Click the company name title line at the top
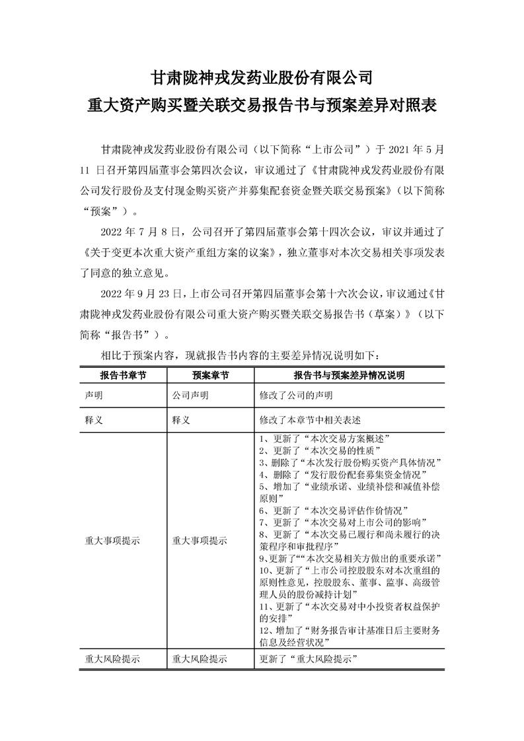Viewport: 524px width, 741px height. [262, 77]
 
